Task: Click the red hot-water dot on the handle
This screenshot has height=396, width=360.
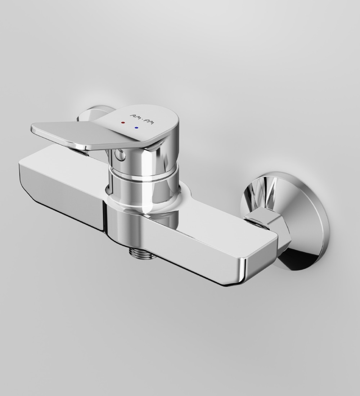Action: [123, 123]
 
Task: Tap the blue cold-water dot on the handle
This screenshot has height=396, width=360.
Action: [136, 127]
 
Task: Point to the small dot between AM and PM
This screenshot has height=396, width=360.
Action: [142, 119]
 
